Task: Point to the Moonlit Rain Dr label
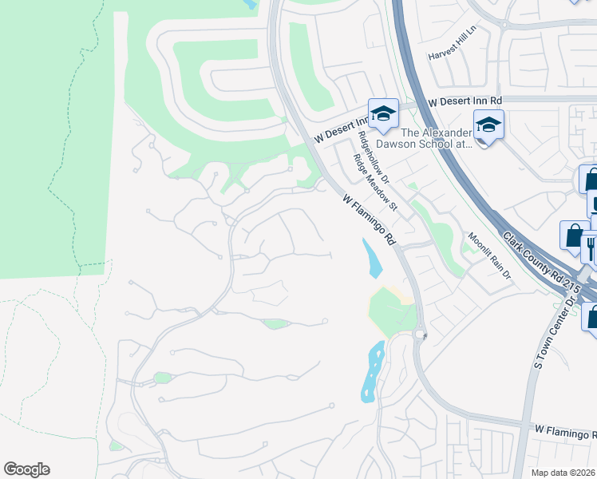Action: pyautogui.click(x=489, y=253)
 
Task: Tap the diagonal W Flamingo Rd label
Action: pyautogui.click(x=370, y=219)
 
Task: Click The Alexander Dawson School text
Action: pyautogui.click(x=437, y=138)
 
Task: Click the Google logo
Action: pyautogui.click(x=26, y=469)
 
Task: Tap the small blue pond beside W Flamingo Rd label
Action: pyautogui.click(x=371, y=258)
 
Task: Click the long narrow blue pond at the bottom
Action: pyautogui.click(x=372, y=370)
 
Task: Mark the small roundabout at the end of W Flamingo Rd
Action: pyautogui.click(x=421, y=335)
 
